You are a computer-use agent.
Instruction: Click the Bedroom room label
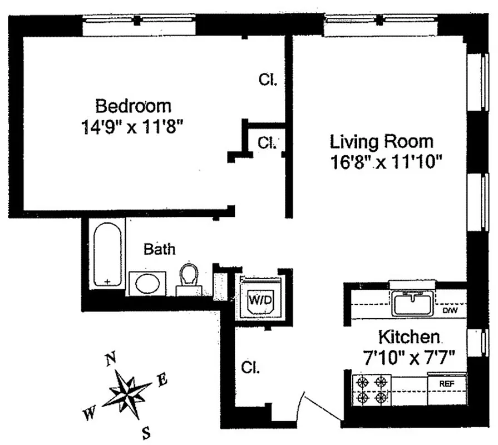[133, 106]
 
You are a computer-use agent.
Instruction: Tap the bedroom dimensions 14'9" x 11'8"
[132, 127]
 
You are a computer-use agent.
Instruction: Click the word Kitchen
[410, 337]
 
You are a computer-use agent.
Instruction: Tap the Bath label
[159, 249]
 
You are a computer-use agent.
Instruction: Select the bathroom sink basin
[147, 284]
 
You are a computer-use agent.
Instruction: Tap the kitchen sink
[412, 304]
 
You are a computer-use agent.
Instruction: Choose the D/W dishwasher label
[449, 311]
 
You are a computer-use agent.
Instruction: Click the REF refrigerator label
[447, 383]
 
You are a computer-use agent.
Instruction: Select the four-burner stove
[371, 389]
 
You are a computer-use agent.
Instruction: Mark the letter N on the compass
[111, 359]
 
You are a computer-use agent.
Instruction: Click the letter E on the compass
[162, 380]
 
